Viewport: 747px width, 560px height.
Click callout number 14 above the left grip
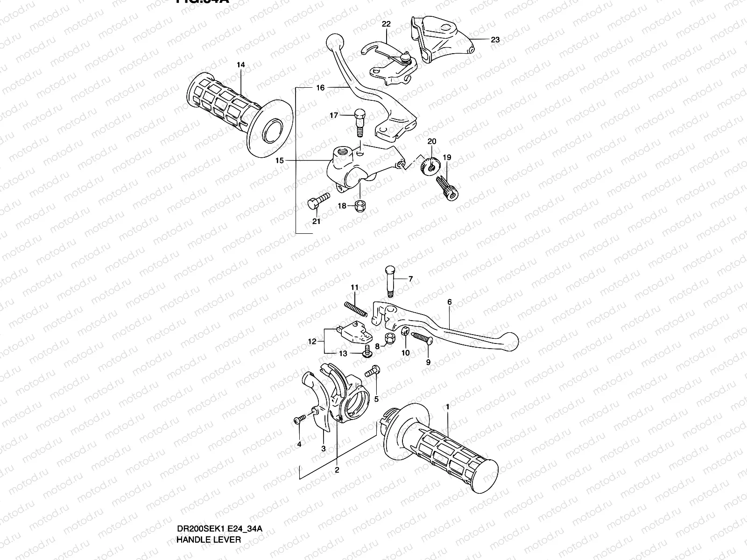click(x=240, y=65)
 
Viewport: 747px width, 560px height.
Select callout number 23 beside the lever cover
click(x=495, y=40)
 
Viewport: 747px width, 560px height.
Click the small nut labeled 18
click(x=360, y=206)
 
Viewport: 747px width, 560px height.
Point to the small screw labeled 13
click(x=367, y=353)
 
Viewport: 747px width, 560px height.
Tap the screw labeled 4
click(x=299, y=420)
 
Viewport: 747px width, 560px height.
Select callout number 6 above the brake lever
click(x=450, y=302)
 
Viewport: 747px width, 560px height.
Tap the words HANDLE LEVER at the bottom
click(x=208, y=539)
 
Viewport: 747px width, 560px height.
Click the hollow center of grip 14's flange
click(x=274, y=133)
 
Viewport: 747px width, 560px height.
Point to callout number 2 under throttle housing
click(x=337, y=470)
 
